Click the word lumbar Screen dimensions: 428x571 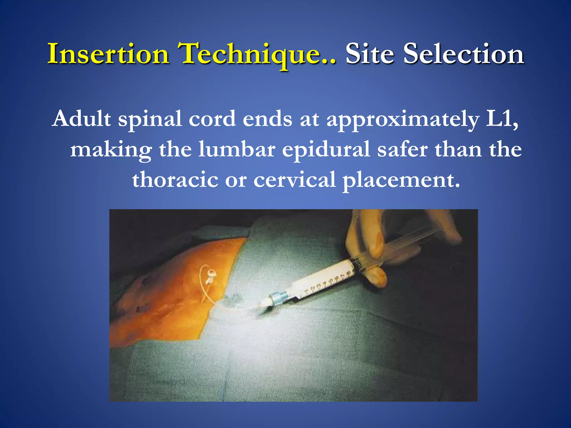tap(237, 149)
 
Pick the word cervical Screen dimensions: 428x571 tap(294, 180)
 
